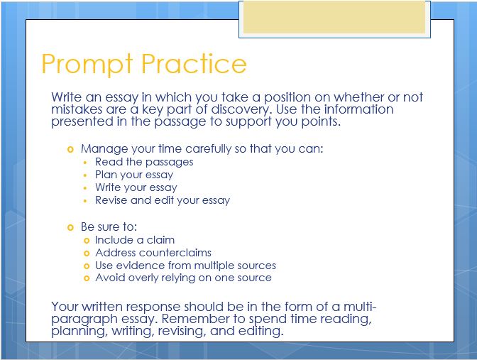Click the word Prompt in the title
click(x=87, y=64)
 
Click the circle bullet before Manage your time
click(x=70, y=149)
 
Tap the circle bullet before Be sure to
click(x=70, y=227)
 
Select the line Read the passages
click(x=144, y=162)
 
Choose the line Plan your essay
click(x=134, y=175)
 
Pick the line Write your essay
click(x=136, y=187)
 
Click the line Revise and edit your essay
click(x=163, y=200)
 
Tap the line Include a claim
click(x=135, y=240)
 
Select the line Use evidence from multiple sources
click(x=185, y=266)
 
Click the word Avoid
click(x=110, y=278)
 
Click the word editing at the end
click(x=260, y=331)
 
